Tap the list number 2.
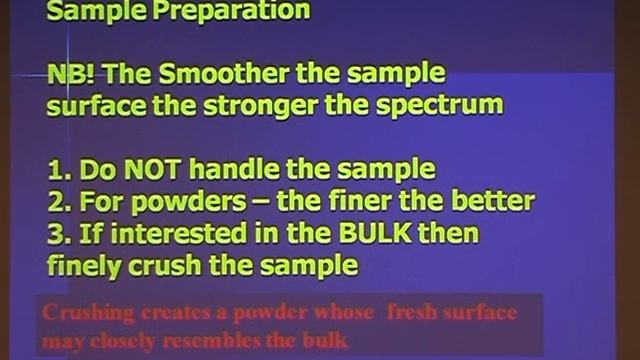click(56, 200)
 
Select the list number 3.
click(56, 232)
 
